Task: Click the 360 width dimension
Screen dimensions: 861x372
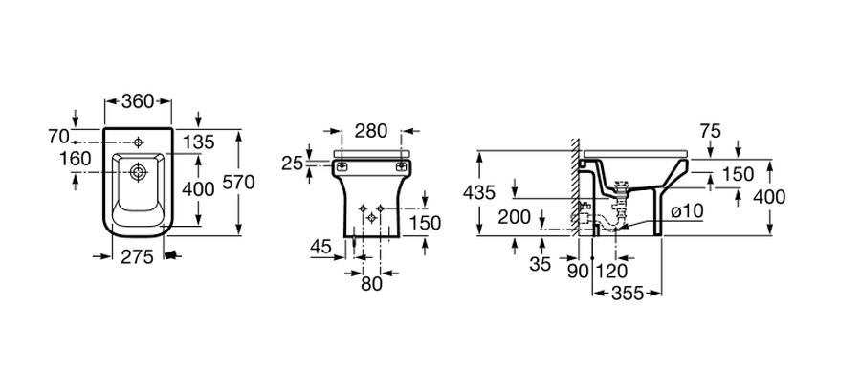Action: (x=138, y=101)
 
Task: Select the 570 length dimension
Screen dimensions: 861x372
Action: (x=238, y=182)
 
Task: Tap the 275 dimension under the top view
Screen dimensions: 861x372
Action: (x=137, y=256)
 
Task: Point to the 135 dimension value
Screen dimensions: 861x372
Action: (x=198, y=142)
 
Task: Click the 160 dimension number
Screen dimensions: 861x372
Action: (x=76, y=159)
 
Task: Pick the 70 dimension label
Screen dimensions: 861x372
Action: (x=58, y=136)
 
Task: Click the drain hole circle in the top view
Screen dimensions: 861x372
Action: (x=137, y=173)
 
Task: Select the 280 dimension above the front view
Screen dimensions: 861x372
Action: (x=371, y=131)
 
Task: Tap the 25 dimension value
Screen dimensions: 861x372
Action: (x=292, y=163)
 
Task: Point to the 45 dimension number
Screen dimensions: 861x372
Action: (x=320, y=247)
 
